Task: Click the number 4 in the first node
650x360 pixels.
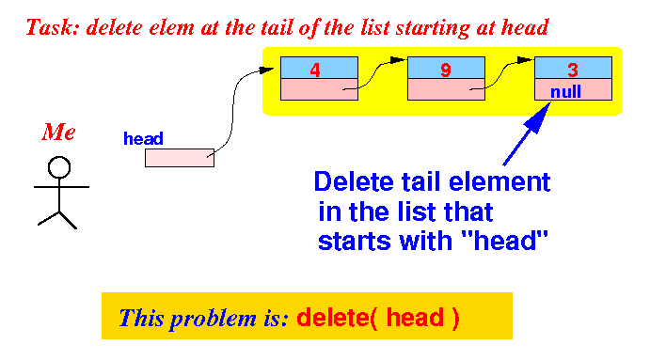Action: pyautogui.click(x=315, y=70)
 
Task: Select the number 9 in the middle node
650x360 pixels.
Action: pyautogui.click(x=446, y=70)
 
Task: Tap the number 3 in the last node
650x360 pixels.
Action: pyautogui.click(x=573, y=70)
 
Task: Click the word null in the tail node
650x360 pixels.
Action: pyautogui.click(x=566, y=91)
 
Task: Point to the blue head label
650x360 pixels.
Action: pyautogui.click(x=143, y=138)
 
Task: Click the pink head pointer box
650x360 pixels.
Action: pyautogui.click(x=180, y=158)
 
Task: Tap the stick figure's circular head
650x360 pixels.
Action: pyautogui.click(x=59, y=167)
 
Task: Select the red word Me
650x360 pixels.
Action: pyautogui.click(x=58, y=133)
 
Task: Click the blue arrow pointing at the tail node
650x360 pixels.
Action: pyautogui.click(x=527, y=133)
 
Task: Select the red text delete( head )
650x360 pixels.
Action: pyautogui.click(x=378, y=318)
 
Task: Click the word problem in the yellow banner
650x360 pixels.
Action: pyautogui.click(x=214, y=319)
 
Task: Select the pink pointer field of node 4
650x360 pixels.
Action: pyautogui.click(x=319, y=89)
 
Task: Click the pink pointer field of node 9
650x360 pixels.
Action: pyautogui.click(x=446, y=89)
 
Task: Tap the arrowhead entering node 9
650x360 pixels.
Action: pyautogui.click(x=398, y=60)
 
